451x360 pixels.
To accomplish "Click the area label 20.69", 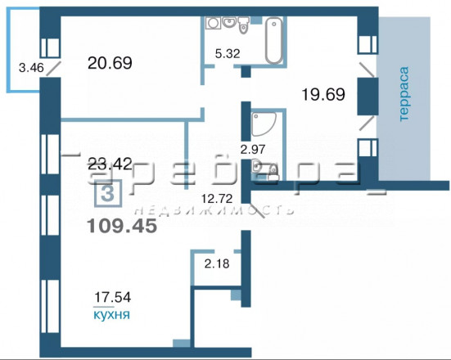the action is click(110, 63).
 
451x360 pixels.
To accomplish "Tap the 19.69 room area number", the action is click(323, 94).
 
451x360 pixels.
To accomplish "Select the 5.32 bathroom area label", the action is click(228, 53).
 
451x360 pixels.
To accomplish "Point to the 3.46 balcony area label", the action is click(31, 68).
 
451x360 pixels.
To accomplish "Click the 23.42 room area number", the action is click(110, 164).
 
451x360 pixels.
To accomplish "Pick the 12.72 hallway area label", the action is click(217, 198).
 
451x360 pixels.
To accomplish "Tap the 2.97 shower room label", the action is click(253, 150).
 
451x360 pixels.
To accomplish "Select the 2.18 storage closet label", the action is click(217, 263).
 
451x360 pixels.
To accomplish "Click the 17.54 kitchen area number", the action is click(112, 297).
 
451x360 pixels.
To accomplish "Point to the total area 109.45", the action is click(122, 226).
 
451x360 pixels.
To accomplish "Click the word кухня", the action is click(112, 315).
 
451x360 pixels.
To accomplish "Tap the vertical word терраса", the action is click(404, 94).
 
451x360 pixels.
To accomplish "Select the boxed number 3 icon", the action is click(108, 194).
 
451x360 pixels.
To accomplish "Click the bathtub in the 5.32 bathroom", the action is click(273, 40).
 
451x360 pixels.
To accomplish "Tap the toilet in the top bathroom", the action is click(243, 25).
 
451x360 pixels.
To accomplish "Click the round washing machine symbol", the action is click(213, 23).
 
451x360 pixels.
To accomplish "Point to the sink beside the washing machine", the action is click(229, 22).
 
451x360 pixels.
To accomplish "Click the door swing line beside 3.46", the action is click(54, 68).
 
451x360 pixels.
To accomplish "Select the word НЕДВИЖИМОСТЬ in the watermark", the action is click(214, 210).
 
